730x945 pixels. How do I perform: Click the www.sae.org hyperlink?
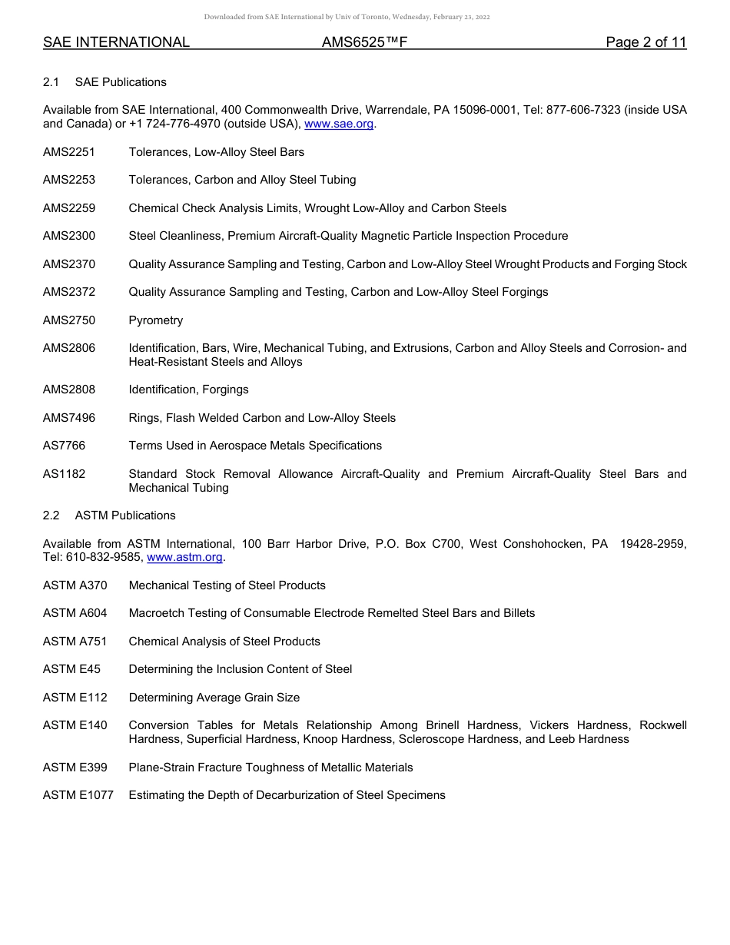340,124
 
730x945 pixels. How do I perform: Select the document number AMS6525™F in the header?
364,42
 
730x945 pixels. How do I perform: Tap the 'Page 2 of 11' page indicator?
645,42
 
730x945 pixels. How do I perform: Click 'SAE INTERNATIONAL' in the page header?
116,42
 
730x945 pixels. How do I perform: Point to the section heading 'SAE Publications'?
121,82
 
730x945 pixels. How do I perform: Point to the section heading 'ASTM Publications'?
125,516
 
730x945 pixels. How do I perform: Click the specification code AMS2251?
69,152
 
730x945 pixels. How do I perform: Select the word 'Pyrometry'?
156,320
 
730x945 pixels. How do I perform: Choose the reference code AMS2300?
69,236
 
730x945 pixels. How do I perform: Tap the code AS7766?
65,446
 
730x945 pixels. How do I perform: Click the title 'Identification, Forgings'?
188,390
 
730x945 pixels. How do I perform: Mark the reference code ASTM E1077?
78,795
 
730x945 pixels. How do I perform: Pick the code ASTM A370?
75,585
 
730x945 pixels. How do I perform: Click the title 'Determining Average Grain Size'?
214,698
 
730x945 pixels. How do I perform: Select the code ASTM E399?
75,768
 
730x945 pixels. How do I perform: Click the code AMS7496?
69,418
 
